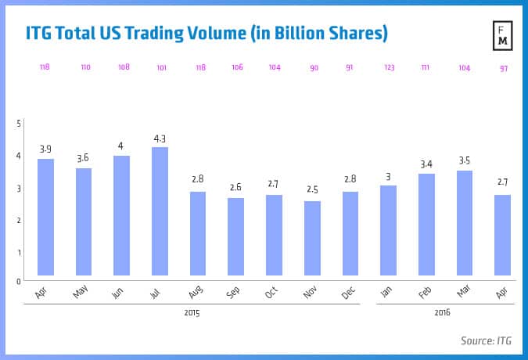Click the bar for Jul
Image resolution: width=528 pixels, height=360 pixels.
[x=160, y=211]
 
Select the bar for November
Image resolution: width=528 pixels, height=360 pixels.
[x=313, y=238]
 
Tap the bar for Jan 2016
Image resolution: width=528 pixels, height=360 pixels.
[x=389, y=230]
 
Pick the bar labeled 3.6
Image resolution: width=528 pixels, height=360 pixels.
[x=84, y=221]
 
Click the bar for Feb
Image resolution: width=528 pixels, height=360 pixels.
[x=427, y=224]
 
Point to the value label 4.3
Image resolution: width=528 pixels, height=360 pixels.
[x=160, y=139]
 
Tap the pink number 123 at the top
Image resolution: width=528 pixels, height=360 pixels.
[x=389, y=67]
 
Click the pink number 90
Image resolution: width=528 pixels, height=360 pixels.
[x=314, y=67]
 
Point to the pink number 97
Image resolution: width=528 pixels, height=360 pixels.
[x=503, y=68]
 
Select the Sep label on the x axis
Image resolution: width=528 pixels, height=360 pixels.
[x=234, y=291]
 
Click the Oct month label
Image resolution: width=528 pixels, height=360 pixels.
[x=272, y=291]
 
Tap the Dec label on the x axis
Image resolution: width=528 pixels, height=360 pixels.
[x=348, y=291]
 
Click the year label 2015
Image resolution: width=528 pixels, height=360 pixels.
[x=192, y=313]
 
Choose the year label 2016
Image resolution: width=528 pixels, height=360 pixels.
[x=444, y=313]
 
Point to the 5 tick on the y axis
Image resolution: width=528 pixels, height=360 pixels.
[x=19, y=124]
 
